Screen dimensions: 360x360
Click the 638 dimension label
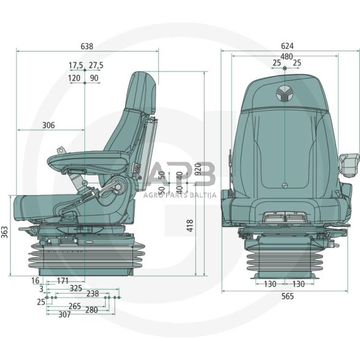click(87, 47)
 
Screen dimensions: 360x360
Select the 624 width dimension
click(287, 46)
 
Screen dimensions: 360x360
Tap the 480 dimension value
click(287, 56)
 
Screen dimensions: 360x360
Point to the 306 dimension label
click(49, 126)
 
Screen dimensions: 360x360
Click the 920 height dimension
click(198, 169)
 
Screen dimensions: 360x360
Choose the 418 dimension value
click(190, 226)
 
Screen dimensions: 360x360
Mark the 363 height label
click(5, 233)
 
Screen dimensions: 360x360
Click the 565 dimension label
click(288, 296)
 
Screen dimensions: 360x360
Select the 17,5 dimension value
click(76, 66)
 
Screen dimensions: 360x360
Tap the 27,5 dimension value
click(96, 66)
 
